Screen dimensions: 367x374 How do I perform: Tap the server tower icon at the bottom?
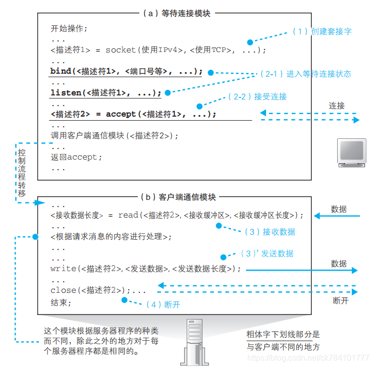click(198, 342)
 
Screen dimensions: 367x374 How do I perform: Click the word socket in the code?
click(121, 50)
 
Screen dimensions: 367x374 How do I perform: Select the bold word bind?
click(61, 71)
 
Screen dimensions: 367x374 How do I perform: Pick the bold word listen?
click(66, 93)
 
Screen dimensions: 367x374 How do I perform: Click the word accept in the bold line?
click(121, 115)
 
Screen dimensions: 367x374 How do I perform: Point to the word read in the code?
click(128, 215)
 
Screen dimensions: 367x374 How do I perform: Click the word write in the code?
click(63, 269)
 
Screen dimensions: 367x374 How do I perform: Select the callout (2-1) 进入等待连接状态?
click(305, 74)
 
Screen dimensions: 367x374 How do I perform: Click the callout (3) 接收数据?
click(270, 232)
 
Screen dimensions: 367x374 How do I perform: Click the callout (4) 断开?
click(163, 305)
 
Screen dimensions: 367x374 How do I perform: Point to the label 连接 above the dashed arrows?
click(337, 106)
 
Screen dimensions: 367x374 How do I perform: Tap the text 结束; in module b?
click(61, 303)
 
